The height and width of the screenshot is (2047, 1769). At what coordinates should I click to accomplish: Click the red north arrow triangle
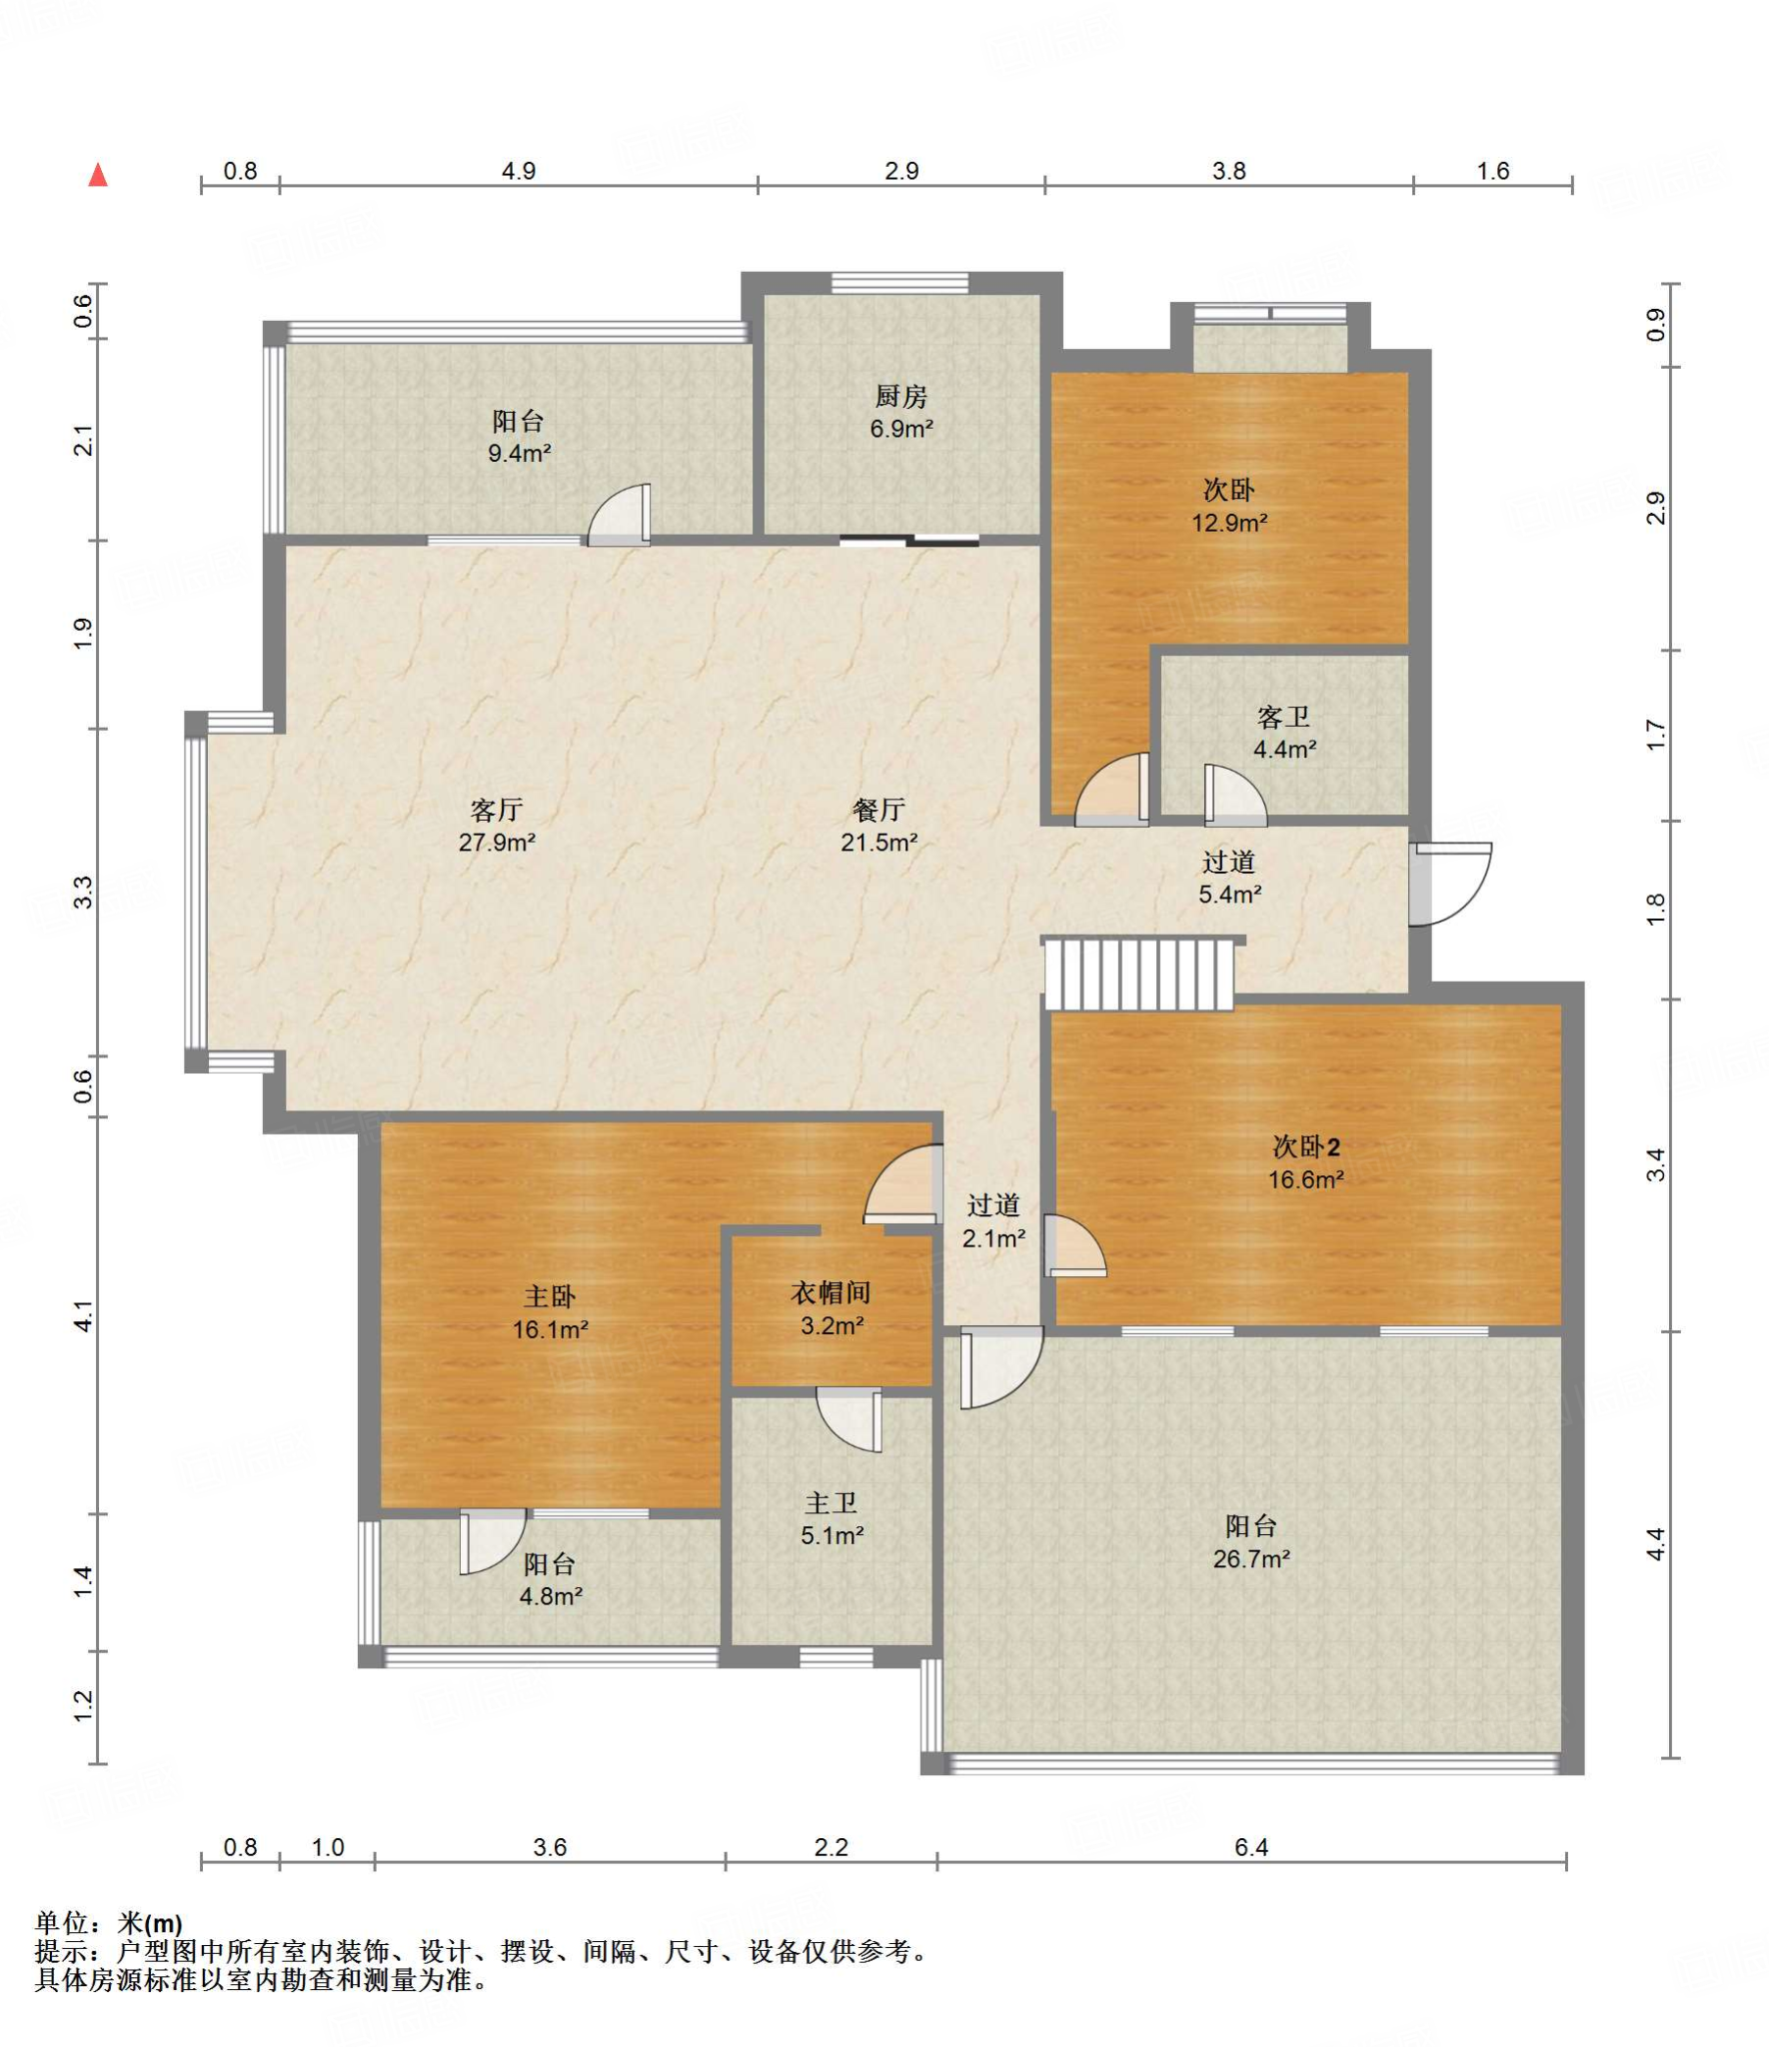tap(98, 175)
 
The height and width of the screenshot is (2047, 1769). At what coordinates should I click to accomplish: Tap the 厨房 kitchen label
tap(900, 397)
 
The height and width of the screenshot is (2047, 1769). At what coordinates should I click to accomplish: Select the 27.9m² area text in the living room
tap(497, 842)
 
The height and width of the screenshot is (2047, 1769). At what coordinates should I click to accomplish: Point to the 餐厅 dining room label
tap(879, 810)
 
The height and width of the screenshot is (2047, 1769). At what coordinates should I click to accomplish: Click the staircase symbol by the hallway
tap(1138, 974)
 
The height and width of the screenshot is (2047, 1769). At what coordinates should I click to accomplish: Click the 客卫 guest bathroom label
tap(1283, 717)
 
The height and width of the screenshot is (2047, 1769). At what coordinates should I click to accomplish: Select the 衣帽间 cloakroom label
tap(831, 1292)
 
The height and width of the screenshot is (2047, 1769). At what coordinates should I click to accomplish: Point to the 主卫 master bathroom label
tap(831, 1502)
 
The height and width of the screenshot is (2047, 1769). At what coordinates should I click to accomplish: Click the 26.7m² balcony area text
tap(1251, 1558)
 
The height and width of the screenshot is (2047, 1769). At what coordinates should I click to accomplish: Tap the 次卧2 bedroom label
tap(1305, 1146)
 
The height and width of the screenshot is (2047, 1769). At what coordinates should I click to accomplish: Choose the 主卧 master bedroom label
tap(550, 1296)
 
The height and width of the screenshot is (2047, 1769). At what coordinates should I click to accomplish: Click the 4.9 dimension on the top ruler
tap(519, 171)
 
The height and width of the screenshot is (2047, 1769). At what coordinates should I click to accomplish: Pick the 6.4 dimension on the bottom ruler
tap(1251, 1847)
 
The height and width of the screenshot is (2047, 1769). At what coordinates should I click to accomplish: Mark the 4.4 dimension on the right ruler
tap(1656, 1544)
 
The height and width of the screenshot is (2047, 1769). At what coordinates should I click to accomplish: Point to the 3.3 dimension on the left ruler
tap(85, 892)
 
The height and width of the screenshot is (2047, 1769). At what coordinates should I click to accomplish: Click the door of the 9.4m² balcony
tap(619, 516)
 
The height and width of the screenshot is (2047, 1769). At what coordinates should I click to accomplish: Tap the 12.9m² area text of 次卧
tap(1229, 522)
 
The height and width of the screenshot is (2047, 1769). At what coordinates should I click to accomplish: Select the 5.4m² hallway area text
tap(1229, 894)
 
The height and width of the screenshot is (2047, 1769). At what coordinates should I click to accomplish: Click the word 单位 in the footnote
tap(62, 1922)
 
